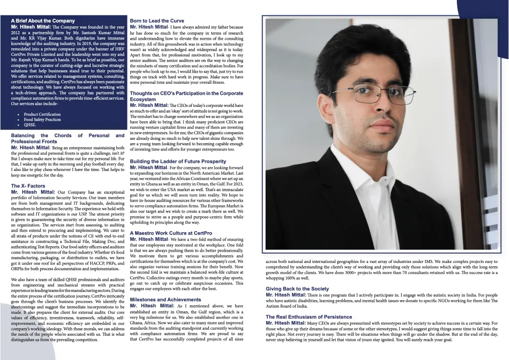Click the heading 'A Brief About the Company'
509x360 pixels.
[43, 21]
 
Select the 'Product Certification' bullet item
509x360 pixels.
[42, 114]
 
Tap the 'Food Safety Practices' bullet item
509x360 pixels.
[42, 120]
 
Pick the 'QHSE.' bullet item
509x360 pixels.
[30, 125]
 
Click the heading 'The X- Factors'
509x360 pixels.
[28, 186]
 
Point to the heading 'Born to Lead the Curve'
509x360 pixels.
[157, 21]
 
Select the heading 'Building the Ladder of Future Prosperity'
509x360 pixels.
[178, 161]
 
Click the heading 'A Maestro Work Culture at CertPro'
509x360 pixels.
[171, 233]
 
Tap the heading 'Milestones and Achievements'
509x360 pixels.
[165, 299]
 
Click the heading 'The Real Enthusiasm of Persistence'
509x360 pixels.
[309, 317]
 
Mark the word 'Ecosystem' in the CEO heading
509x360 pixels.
[143, 99]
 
